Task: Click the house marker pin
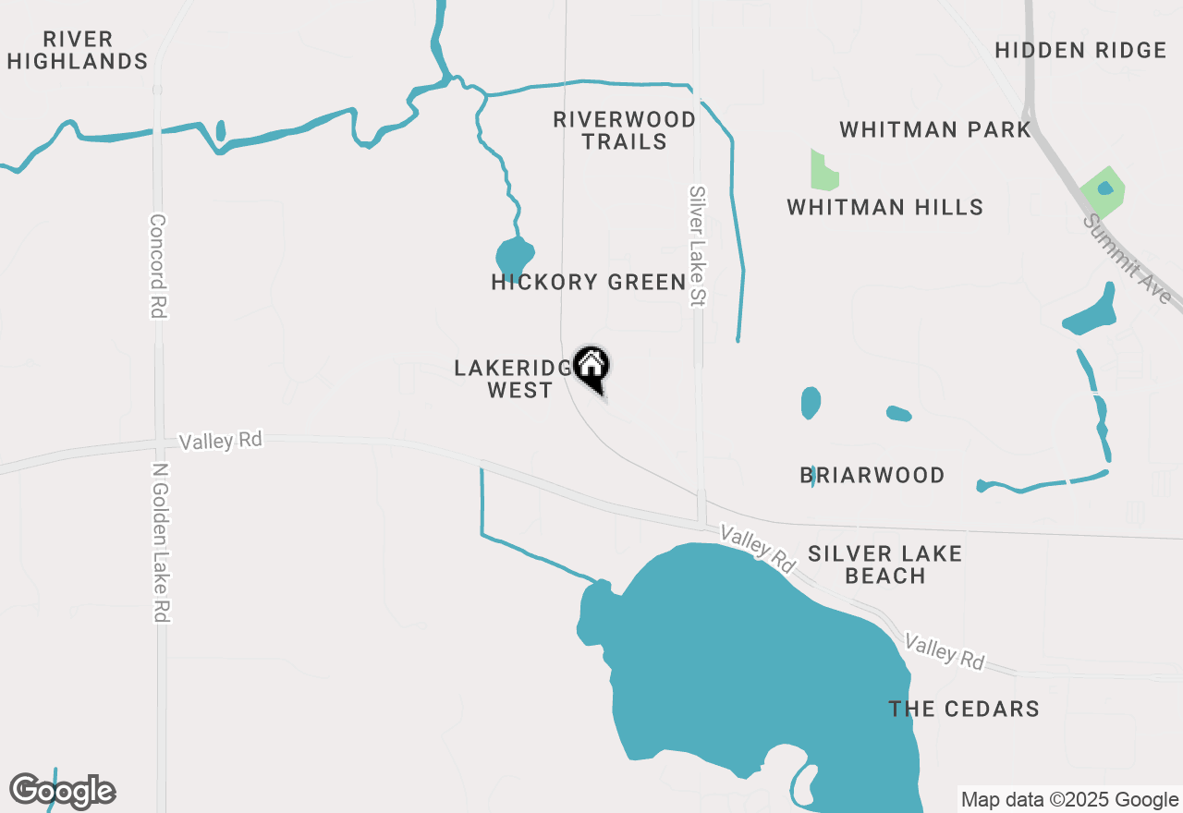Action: [591, 367]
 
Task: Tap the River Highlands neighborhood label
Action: [78, 51]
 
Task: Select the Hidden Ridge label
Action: [1080, 50]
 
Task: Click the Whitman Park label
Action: [934, 129]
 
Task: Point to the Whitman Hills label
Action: [884, 207]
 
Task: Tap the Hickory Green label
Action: [588, 282]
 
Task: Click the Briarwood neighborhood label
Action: [872, 475]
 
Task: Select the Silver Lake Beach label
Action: [884, 564]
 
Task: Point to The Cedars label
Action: [963, 709]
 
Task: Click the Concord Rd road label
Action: [158, 266]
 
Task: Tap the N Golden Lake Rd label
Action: [161, 541]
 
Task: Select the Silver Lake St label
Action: [698, 246]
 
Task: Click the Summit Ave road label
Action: [1129, 260]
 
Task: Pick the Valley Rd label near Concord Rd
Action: [221, 441]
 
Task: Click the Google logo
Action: [63, 791]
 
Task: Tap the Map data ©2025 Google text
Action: [1069, 800]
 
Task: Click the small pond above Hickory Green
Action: [515, 255]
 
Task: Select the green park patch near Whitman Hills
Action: [823, 171]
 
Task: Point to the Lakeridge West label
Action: [515, 379]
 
